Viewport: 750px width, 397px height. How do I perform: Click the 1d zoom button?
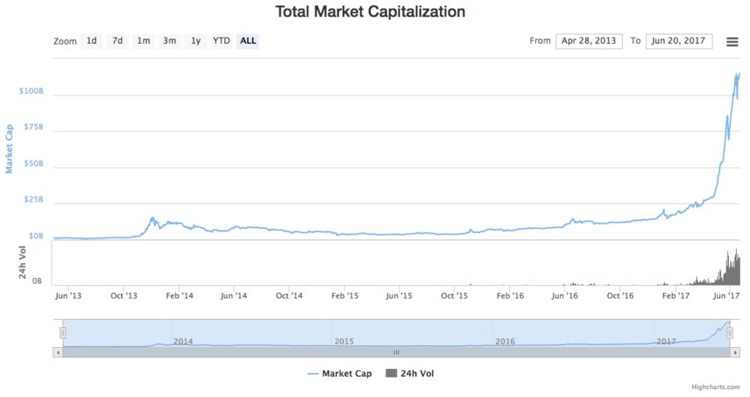tap(91, 41)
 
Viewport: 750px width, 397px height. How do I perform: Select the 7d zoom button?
tap(117, 41)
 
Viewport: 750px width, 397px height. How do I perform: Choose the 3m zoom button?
tap(169, 41)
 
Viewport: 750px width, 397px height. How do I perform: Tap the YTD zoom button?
tap(222, 41)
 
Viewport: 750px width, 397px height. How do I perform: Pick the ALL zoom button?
tap(248, 41)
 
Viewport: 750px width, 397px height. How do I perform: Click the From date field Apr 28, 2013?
tap(589, 41)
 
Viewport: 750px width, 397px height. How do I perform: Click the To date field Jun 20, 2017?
tap(679, 41)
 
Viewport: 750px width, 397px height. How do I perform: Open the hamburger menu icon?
tap(732, 41)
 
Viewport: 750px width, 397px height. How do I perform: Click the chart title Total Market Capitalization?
tap(370, 12)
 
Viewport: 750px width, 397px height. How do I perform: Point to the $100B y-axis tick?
tap(31, 91)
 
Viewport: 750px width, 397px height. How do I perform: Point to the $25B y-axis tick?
tap(34, 200)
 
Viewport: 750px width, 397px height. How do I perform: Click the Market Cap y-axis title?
tap(9, 148)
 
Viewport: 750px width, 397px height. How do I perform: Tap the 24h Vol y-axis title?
tap(23, 263)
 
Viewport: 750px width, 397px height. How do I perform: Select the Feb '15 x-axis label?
tap(345, 295)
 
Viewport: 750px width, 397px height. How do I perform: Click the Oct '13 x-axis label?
tap(123, 295)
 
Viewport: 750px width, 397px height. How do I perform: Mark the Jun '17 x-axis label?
tap(729, 295)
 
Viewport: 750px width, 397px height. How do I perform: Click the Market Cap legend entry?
tap(339, 374)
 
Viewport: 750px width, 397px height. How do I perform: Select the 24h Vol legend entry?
tap(410, 374)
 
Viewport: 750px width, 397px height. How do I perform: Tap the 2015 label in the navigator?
tap(344, 342)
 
